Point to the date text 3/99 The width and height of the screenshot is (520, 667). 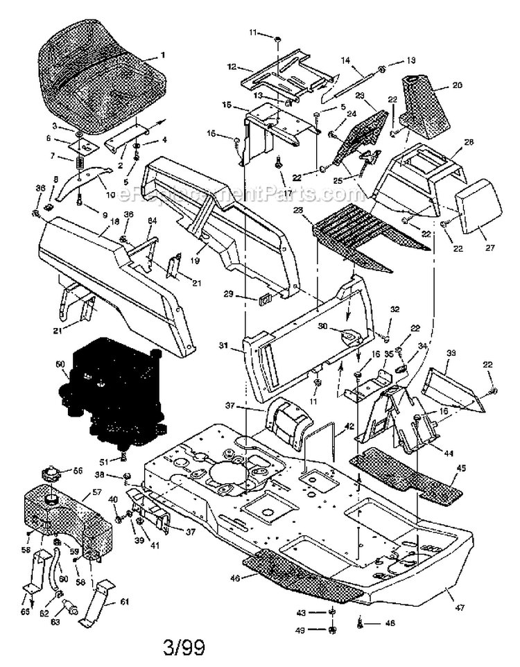[x=185, y=649]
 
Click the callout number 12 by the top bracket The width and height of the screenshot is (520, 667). [x=232, y=67]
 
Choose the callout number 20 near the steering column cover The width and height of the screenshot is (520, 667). [x=457, y=85]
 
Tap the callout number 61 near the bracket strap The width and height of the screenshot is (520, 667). [x=125, y=602]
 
